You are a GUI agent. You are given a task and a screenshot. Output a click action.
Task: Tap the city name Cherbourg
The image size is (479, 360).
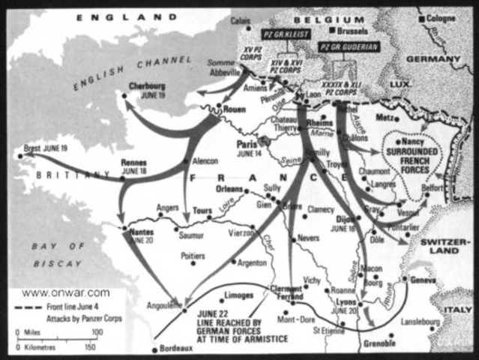click(x=148, y=86)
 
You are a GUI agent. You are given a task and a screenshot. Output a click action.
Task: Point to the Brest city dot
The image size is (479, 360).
click(x=19, y=156)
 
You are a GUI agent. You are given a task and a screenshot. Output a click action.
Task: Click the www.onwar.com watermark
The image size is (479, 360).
click(x=66, y=293)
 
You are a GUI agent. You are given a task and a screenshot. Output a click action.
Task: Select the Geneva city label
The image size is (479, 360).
click(x=425, y=278)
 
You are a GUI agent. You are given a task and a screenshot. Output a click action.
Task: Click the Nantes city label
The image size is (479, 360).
click(x=141, y=232)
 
